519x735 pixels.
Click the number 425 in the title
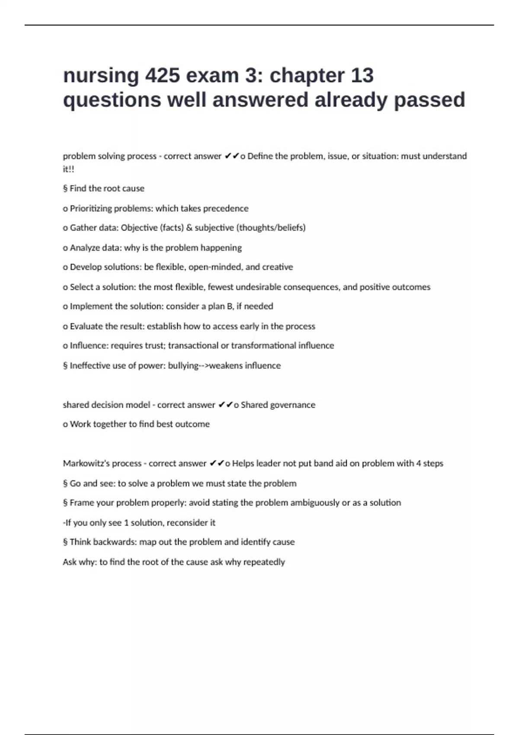click(162, 76)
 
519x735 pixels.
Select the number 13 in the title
click(362, 76)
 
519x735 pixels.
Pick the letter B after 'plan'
click(230, 307)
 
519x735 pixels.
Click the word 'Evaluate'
click(85, 326)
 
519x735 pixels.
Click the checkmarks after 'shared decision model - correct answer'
click(225, 405)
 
